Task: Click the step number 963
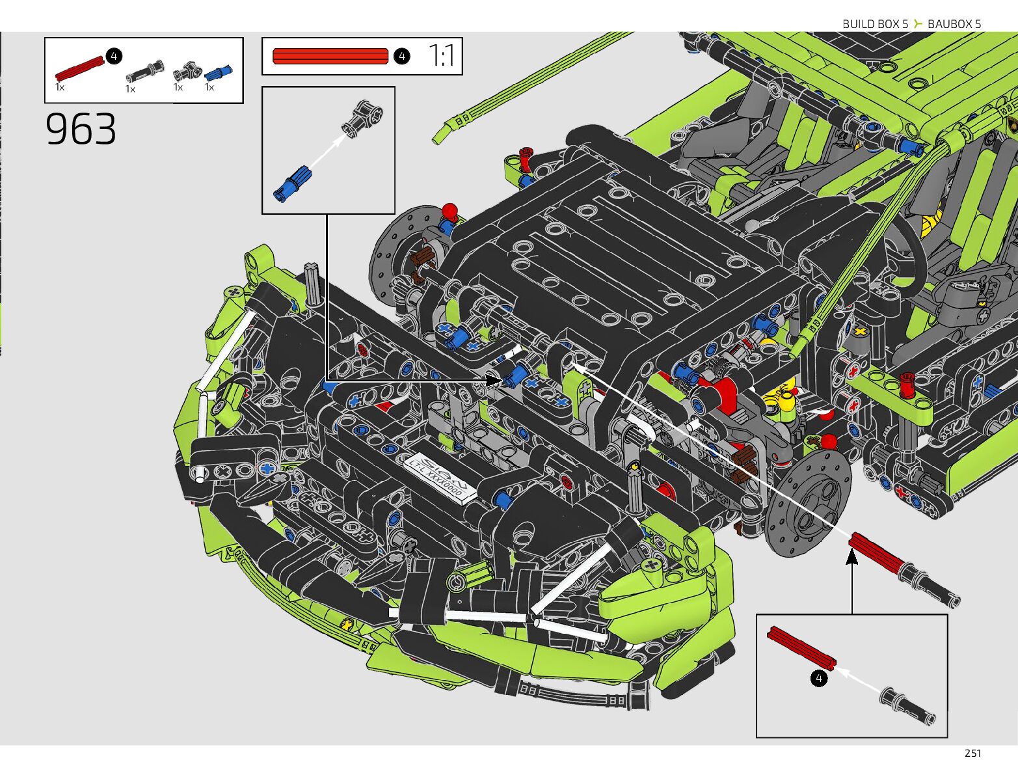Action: (x=81, y=129)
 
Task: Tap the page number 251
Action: (x=972, y=754)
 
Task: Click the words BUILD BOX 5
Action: (x=875, y=24)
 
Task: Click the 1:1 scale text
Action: (x=442, y=56)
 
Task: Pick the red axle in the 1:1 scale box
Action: (x=330, y=57)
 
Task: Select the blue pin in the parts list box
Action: (x=218, y=72)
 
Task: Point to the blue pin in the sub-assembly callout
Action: (x=293, y=182)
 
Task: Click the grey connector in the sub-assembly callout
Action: (x=363, y=117)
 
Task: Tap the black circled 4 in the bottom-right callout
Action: (x=819, y=679)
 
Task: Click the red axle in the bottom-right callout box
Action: (x=800, y=647)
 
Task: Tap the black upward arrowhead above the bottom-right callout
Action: (x=851, y=558)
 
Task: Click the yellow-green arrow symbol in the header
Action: (x=918, y=24)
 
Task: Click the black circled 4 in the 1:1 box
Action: (x=401, y=57)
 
